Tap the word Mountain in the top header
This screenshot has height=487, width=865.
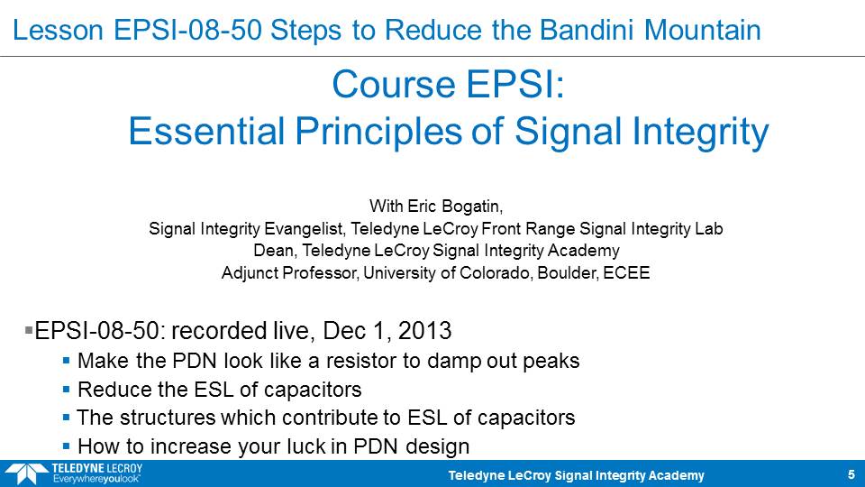click(x=702, y=30)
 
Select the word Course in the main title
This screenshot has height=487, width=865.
click(x=394, y=85)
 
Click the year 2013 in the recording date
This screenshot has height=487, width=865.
click(x=424, y=331)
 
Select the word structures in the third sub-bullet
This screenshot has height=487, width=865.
click(x=168, y=418)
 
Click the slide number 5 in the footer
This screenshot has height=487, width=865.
click(x=851, y=475)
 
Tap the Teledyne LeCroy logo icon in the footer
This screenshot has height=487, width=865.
click(x=26, y=474)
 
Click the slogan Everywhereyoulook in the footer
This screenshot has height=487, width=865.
click(x=96, y=479)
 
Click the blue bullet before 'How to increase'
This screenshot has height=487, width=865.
click(x=66, y=446)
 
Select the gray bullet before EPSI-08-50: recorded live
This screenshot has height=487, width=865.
click(x=29, y=330)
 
